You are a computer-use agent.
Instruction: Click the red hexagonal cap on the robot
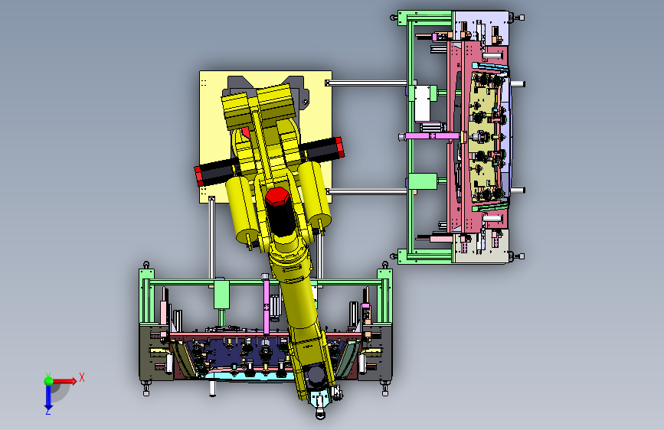coord(277,197)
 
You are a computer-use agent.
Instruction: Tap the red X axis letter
coord(82,377)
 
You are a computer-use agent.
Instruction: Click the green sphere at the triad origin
coord(49,381)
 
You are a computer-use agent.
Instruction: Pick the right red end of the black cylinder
coord(339,148)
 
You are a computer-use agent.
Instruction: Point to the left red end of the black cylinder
coord(198,176)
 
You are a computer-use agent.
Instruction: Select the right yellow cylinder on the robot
coord(315,194)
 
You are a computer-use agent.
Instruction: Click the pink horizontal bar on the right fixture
coord(433,136)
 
